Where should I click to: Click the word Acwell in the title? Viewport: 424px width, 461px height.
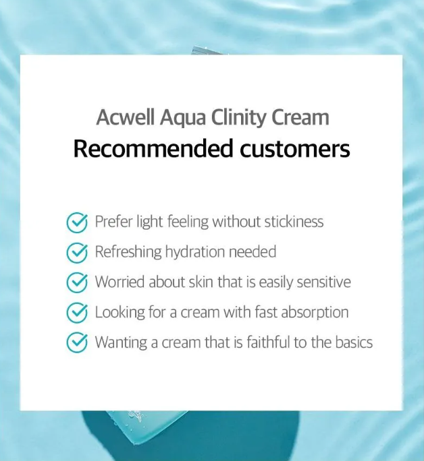(x=126, y=117)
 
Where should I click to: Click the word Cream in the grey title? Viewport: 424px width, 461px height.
(x=300, y=117)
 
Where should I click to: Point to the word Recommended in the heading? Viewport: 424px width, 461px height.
(x=153, y=148)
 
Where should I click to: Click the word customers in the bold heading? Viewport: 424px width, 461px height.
(x=295, y=149)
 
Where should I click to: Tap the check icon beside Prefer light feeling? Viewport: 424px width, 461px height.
(x=77, y=222)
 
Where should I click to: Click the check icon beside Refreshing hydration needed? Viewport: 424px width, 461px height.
(x=77, y=253)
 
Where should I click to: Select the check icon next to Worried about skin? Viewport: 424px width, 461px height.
(x=77, y=282)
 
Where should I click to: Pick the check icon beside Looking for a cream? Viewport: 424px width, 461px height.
(x=77, y=313)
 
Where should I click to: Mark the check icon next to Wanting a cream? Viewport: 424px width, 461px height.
(x=77, y=343)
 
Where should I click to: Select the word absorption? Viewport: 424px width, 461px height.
(x=315, y=313)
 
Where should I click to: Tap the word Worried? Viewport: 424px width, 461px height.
(x=120, y=282)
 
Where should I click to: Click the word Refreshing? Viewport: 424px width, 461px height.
(x=128, y=252)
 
